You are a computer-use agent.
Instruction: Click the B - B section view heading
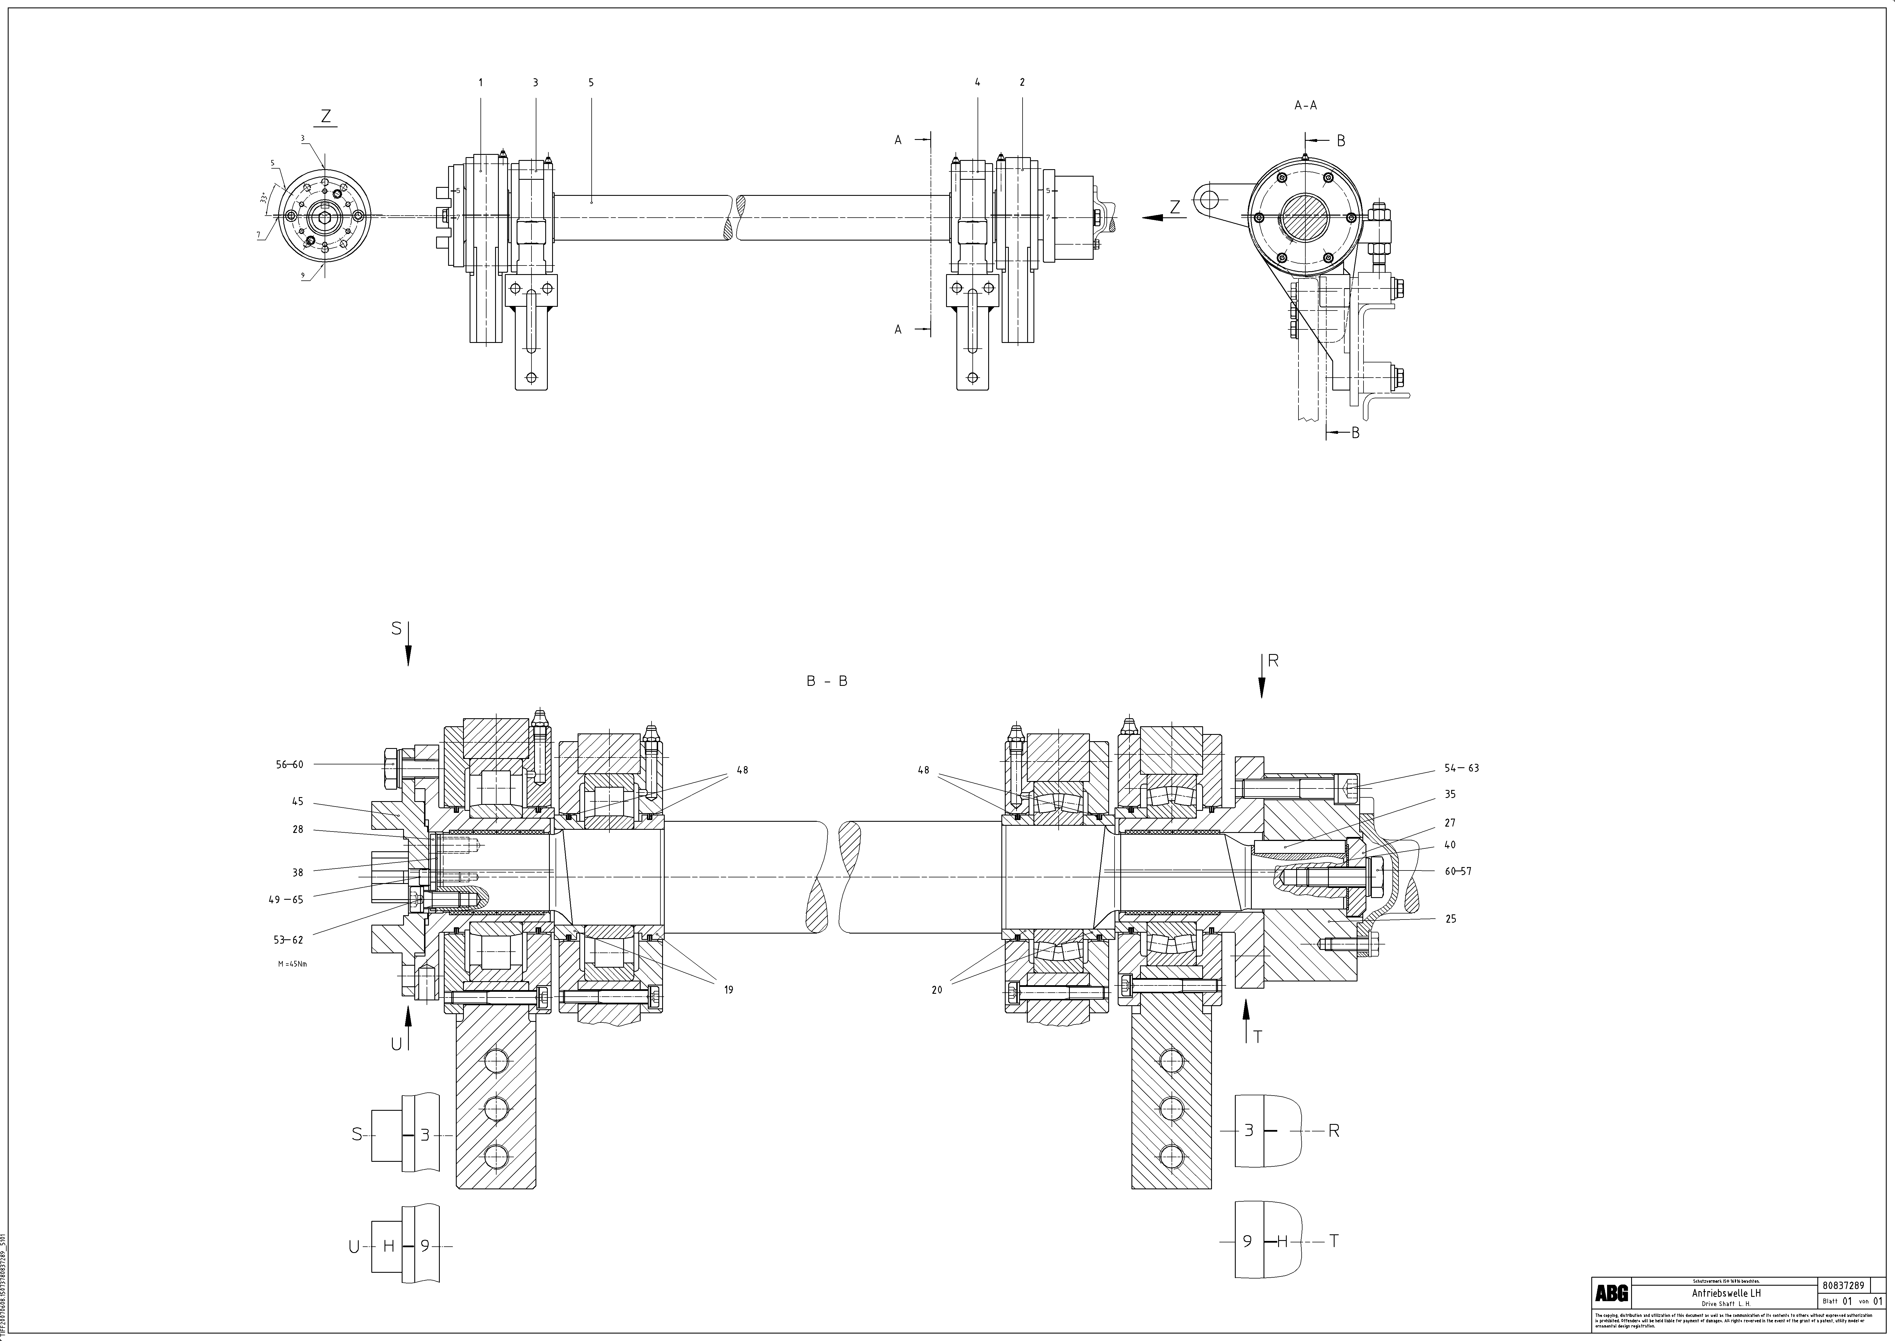[x=827, y=681]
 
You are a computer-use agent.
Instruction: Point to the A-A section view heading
[x=1306, y=106]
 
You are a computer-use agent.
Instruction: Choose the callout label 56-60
[x=290, y=765]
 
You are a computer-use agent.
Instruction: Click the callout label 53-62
[x=289, y=940]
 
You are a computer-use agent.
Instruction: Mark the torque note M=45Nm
[x=293, y=964]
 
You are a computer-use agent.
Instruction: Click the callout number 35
[x=1450, y=794]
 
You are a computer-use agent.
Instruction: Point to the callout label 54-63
[x=1462, y=768]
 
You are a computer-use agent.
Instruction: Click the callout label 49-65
[x=286, y=900]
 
